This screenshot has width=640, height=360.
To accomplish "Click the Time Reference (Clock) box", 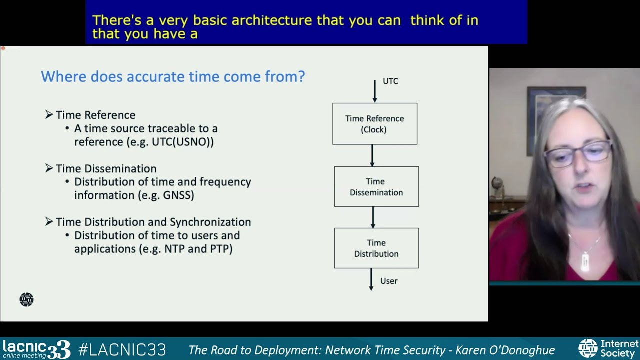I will (x=375, y=124).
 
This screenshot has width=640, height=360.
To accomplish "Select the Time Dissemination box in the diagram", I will (x=376, y=186).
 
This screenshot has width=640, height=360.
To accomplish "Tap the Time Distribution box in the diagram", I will (x=376, y=248).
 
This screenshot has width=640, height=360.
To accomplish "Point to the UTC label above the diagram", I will (x=390, y=81).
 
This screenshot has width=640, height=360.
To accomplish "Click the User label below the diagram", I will (x=389, y=281).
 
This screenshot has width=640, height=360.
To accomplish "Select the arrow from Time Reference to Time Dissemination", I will (x=372, y=155).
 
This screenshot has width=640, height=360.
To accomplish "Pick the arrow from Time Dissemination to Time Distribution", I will (x=373, y=217).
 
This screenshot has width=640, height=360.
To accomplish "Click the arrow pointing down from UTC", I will (x=375, y=91).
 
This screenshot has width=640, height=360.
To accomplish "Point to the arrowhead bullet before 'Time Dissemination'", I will (x=49, y=168).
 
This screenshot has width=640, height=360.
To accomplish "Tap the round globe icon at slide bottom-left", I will (x=26, y=299).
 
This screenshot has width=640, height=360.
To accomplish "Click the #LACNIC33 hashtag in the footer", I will (x=122, y=349).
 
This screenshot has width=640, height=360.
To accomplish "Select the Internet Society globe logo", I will (x=587, y=348).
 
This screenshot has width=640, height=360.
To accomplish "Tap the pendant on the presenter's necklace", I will (x=584, y=261).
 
